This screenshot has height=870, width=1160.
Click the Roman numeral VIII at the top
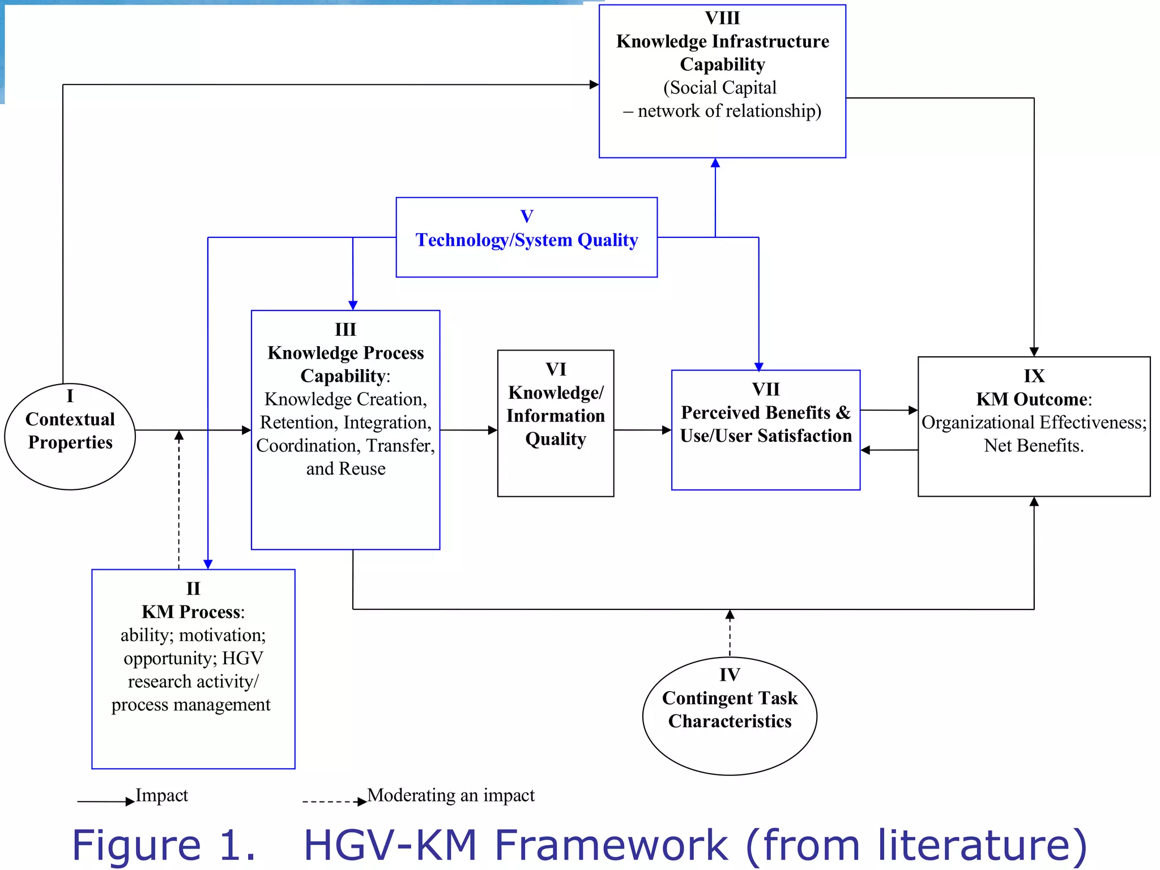pyautogui.click(x=722, y=18)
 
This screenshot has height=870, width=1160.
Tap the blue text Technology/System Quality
pyautogui.click(x=526, y=240)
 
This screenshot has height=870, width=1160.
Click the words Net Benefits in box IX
pyautogui.click(x=1034, y=446)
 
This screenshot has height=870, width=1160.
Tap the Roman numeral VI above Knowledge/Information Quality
pyautogui.click(x=556, y=369)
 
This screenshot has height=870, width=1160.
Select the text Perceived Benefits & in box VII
pyautogui.click(x=765, y=413)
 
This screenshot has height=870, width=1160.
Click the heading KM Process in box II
pyautogui.click(x=191, y=612)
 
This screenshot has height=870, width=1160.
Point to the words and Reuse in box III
pyautogui.click(x=346, y=469)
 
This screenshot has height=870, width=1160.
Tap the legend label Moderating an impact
pyautogui.click(x=451, y=795)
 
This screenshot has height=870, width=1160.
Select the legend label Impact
pyautogui.click(x=161, y=795)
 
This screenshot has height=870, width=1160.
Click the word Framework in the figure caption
pyautogui.click(x=611, y=845)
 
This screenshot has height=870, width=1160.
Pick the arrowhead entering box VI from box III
pyautogui.click(x=493, y=430)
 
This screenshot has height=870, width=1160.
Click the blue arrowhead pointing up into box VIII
pyautogui.click(x=715, y=163)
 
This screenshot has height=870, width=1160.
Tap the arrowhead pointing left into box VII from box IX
pyautogui.click(x=865, y=450)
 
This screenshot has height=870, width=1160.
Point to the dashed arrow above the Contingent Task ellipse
pyautogui.click(x=730, y=632)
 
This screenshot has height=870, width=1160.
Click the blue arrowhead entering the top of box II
pyautogui.click(x=208, y=564)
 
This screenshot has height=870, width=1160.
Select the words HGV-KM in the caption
pyautogui.click(x=391, y=845)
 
